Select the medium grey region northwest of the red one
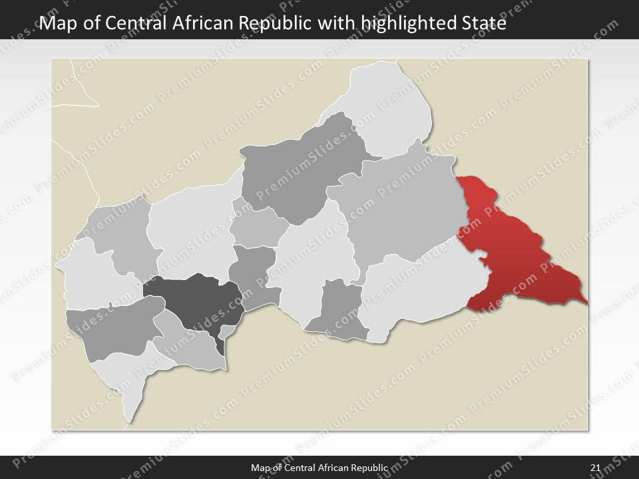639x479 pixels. (x=399, y=206)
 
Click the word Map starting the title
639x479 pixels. (x=56, y=24)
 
